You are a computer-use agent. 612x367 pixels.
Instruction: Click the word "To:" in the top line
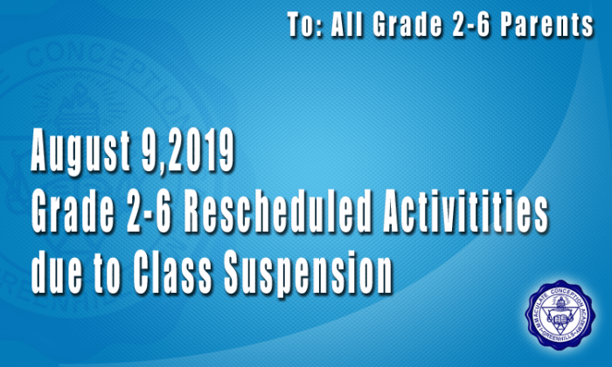[304, 25]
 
